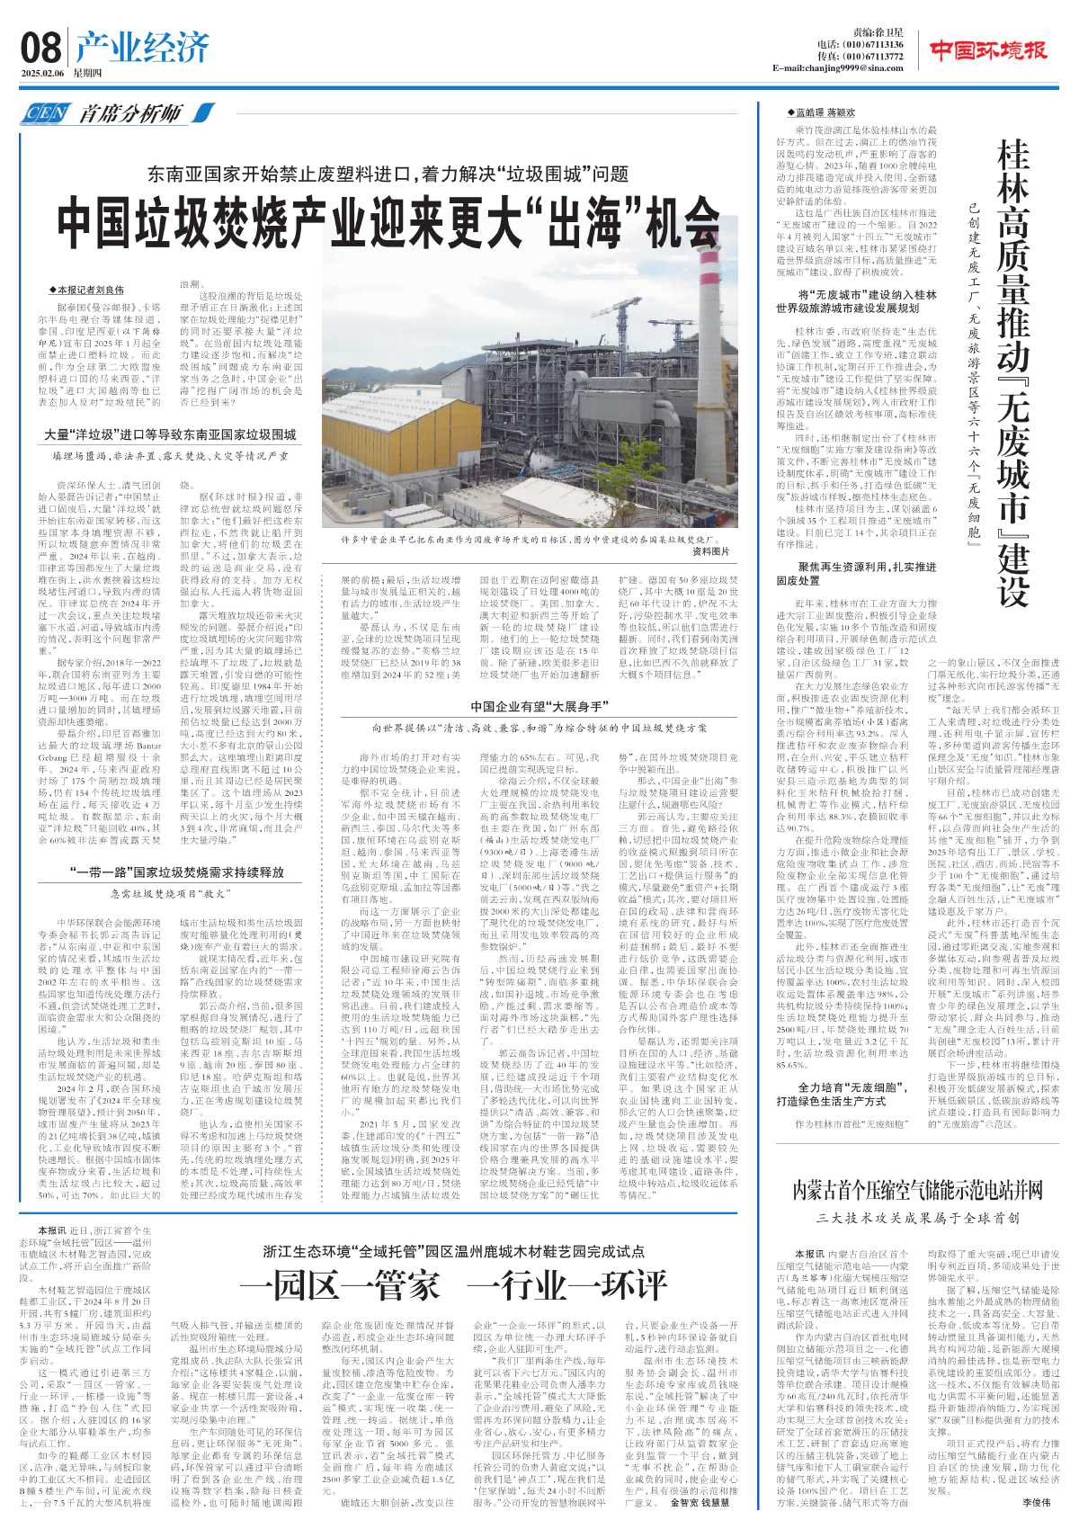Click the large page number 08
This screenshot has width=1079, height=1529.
(x=41, y=48)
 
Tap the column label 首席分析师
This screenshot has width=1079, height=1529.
(x=130, y=113)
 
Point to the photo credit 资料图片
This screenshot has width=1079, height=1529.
(x=710, y=551)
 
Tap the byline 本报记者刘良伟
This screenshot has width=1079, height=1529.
(x=87, y=290)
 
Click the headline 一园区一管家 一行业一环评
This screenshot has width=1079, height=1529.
(x=453, y=1284)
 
